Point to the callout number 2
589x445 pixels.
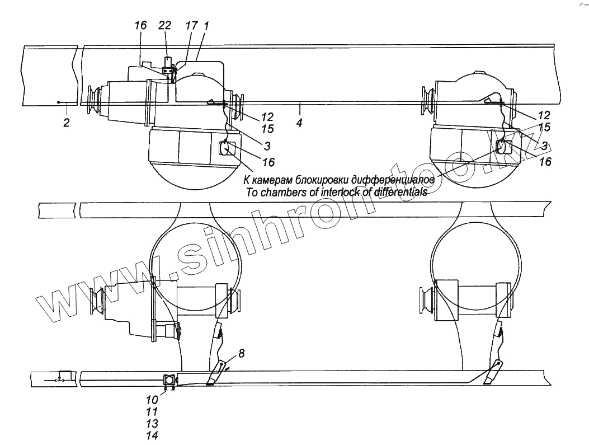[66, 123]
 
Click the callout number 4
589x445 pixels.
[300, 123]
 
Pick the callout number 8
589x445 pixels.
[241, 353]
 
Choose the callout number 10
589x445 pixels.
[152, 401]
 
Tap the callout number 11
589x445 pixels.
[152, 413]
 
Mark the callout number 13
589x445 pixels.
[152, 424]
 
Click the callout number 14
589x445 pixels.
[152, 435]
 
